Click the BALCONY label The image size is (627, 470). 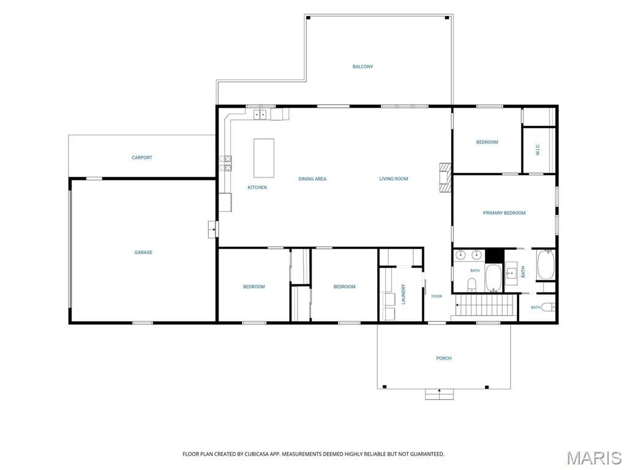coord(362,67)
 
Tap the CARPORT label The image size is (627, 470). coord(142,158)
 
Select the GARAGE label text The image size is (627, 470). coord(143,253)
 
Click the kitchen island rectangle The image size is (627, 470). coord(264,158)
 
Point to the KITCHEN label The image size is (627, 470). coord(257,187)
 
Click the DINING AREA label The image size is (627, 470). coord(312,179)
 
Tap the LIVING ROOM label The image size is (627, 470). coord(394,179)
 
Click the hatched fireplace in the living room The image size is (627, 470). coord(445,178)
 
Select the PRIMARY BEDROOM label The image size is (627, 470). coord(505,213)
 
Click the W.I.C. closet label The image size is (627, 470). coord(538,149)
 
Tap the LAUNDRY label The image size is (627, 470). coord(404,294)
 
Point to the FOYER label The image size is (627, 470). coord(437,297)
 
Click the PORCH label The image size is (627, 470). coord(444,359)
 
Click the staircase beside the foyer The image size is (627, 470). coord(484,307)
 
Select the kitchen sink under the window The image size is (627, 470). coord(261,114)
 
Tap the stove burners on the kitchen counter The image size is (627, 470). coord(225,163)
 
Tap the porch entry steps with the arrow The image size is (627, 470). coord(439,394)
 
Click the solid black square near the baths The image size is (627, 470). coord(494,256)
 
